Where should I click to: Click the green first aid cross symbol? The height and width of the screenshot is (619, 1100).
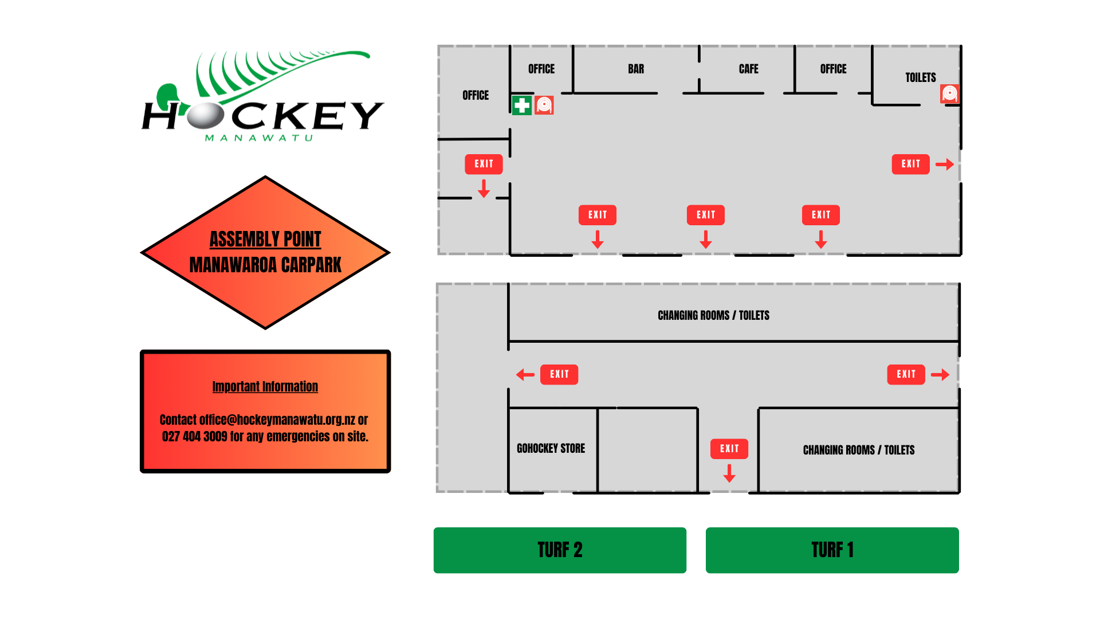[521, 105]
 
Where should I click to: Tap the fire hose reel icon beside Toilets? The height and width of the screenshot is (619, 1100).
[949, 93]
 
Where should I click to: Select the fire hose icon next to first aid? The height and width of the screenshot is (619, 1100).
[544, 105]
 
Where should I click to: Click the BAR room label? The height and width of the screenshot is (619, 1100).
[636, 69]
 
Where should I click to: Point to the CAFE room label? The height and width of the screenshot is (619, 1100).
[748, 69]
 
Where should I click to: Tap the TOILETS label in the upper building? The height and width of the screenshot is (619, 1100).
[921, 77]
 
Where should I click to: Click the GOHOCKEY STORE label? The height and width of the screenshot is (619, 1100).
[551, 448]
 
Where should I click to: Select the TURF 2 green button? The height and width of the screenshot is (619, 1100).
[560, 550]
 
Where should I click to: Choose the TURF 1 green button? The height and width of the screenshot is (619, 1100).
[832, 550]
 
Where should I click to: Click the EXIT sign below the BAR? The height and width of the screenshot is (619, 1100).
[598, 215]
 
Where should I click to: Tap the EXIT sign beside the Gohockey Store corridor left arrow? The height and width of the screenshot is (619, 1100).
[559, 374]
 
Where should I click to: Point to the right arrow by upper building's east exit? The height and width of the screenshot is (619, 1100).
[945, 164]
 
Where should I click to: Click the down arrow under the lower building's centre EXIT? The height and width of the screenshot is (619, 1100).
[729, 473]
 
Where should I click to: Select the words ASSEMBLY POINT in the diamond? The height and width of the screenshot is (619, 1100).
[265, 239]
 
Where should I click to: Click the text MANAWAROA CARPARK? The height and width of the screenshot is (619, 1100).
[265, 265]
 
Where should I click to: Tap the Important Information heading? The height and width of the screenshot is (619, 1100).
[265, 387]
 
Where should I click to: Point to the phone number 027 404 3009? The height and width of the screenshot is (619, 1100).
[195, 436]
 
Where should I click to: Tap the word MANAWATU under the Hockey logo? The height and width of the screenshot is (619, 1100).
[259, 138]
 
